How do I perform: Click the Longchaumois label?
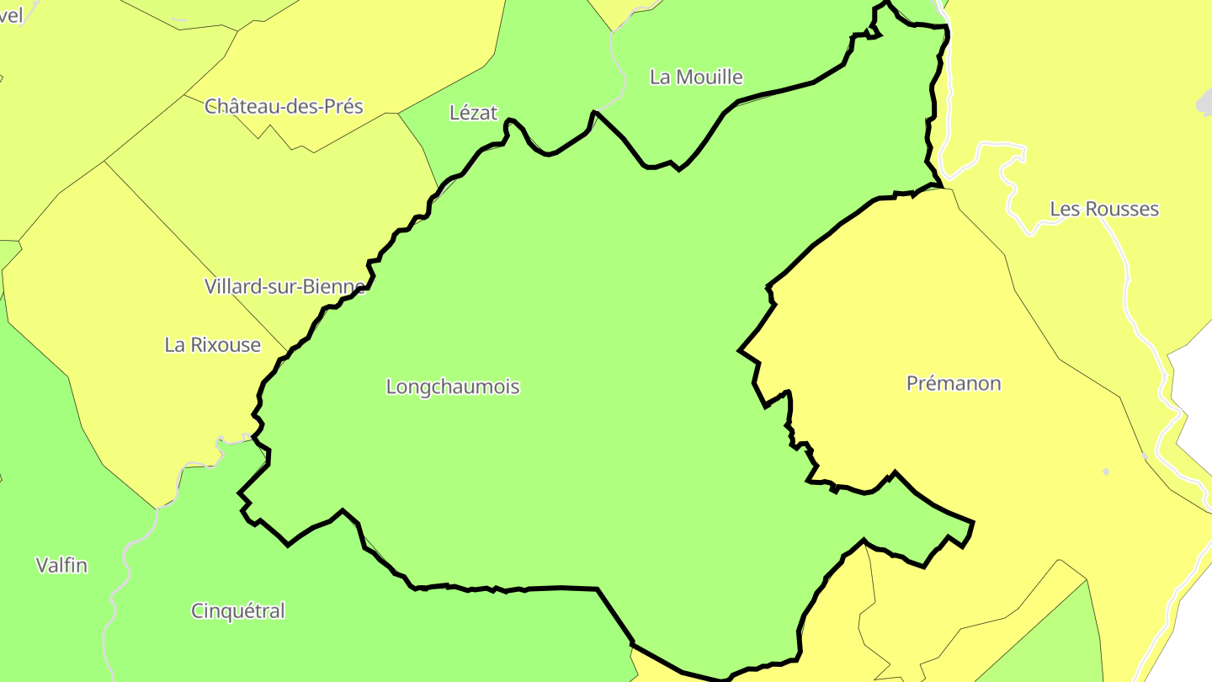click(x=453, y=387)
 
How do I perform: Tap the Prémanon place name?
click(x=954, y=384)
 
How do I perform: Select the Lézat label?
click(x=474, y=113)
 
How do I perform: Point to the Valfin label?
click(x=61, y=566)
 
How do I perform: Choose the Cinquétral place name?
click(x=238, y=611)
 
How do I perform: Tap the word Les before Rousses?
click(x=1065, y=210)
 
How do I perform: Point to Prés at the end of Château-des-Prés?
click(x=343, y=107)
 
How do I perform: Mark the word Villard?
click(x=237, y=286)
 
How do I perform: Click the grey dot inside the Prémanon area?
click(x=1106, y=472)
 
